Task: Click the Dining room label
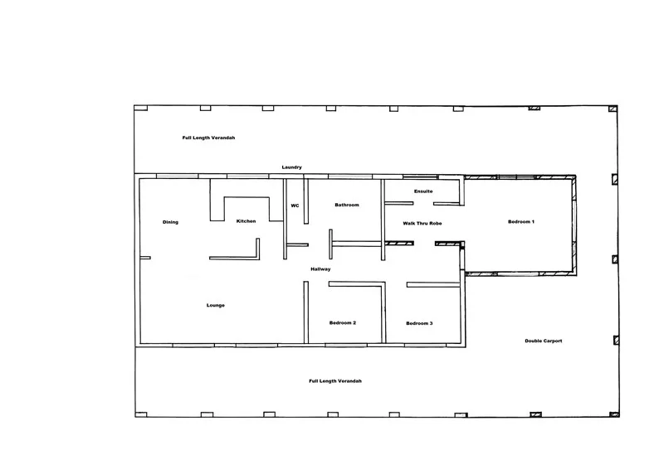[x=170, y=222]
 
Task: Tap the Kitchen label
[x=246, y=221]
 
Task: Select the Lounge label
[x=216, y=306]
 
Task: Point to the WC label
[x=295, y=206]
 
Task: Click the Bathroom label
[x=347, y=205]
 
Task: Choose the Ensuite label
[x=423, y=191]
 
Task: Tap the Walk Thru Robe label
[x=422, y=224]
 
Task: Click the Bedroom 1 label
[x=521, y=221]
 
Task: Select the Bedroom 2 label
[x=343, y=322]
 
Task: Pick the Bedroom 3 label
[x=419, y=322]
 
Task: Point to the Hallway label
[x=320, y=269]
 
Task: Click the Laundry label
[x=291, y=167]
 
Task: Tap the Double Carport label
[x=544, y=341]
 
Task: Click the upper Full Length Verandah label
[x=209, y=138]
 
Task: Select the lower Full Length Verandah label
[x=335, y=380]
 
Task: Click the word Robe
[x=435, y=224]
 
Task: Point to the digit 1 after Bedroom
[x=533, y=221]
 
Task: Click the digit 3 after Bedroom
[x=431, y=322]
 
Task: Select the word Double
[x=533, y=341]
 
